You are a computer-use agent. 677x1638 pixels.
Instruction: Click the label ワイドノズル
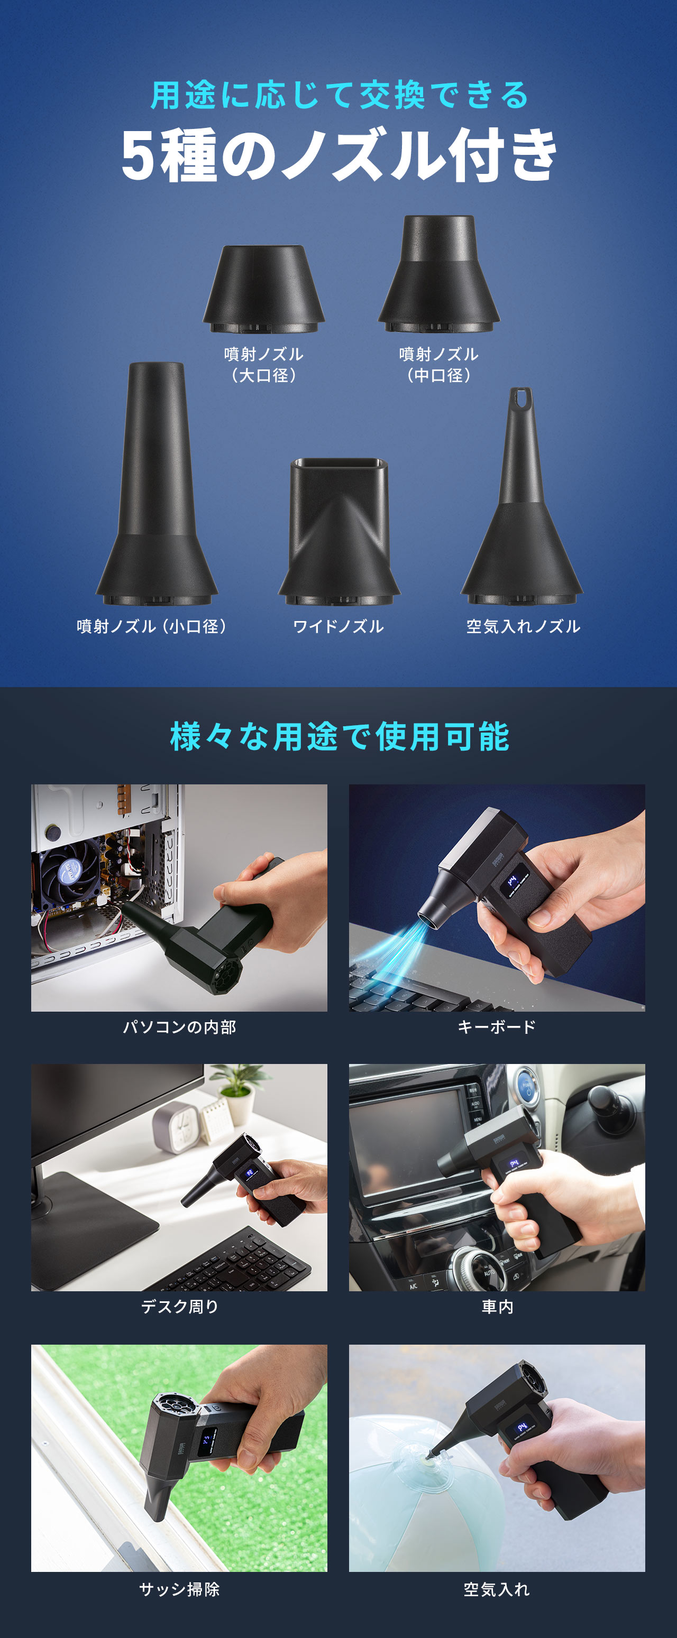tap(338, 626)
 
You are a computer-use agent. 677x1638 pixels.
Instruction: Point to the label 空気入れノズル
tap(523, 626)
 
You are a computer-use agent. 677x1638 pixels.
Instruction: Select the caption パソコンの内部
tap(179, 1027)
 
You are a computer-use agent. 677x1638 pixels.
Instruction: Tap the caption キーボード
tap(496, 1027)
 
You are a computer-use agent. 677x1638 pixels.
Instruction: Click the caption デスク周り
tap(179, 1307)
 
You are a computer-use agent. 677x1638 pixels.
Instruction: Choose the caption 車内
tap(496, 1307)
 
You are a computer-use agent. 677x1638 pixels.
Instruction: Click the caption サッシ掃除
tap(179, 1589)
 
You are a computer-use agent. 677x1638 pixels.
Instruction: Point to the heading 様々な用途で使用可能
tap(338, 736)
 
